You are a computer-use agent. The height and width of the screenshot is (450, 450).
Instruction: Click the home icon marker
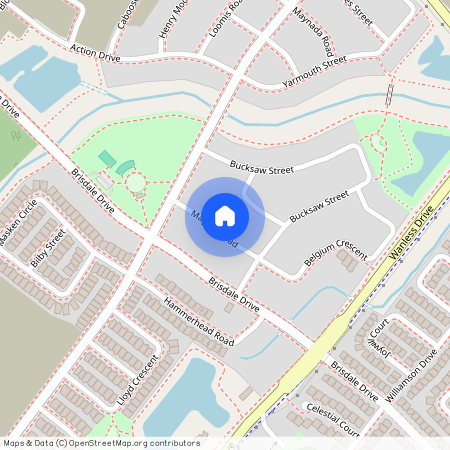click(x=225, y=215)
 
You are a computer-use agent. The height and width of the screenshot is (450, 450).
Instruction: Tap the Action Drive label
click(x=96, y=51)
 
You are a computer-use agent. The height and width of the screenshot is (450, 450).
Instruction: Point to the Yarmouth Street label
click(x=314, y=61)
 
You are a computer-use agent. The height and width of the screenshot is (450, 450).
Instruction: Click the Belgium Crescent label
click(x=336, y=252)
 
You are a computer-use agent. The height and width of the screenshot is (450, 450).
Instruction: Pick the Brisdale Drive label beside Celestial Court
click(x=354, y=381)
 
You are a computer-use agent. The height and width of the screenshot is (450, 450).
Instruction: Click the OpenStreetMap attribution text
click(x=100, y=443)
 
